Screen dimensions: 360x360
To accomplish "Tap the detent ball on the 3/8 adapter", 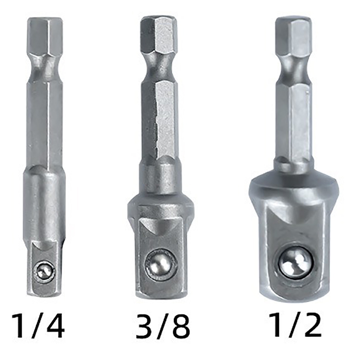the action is tap(161, 263).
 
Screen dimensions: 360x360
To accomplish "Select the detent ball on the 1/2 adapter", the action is tap(296, 262).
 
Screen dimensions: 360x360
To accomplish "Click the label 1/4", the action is tap(38, 325).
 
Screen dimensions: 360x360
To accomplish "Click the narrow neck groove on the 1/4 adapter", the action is tap(45, 67).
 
